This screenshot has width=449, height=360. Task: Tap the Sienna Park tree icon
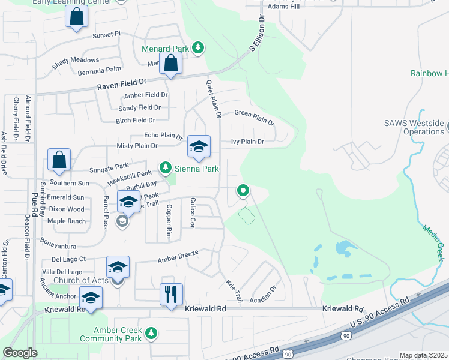(166, 169)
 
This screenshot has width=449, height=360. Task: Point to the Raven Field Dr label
(122, 86)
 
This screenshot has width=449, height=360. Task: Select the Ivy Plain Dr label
(247, 142)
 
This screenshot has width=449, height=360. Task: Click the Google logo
(20, 353)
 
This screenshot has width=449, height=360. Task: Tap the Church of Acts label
(80, 280)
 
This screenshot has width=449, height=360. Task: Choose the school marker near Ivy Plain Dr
(199, 146)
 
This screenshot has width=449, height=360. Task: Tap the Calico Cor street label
(193, 213)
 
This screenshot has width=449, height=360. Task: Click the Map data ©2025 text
(423, 355)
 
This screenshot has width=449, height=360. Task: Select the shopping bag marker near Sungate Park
(59, 160)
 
